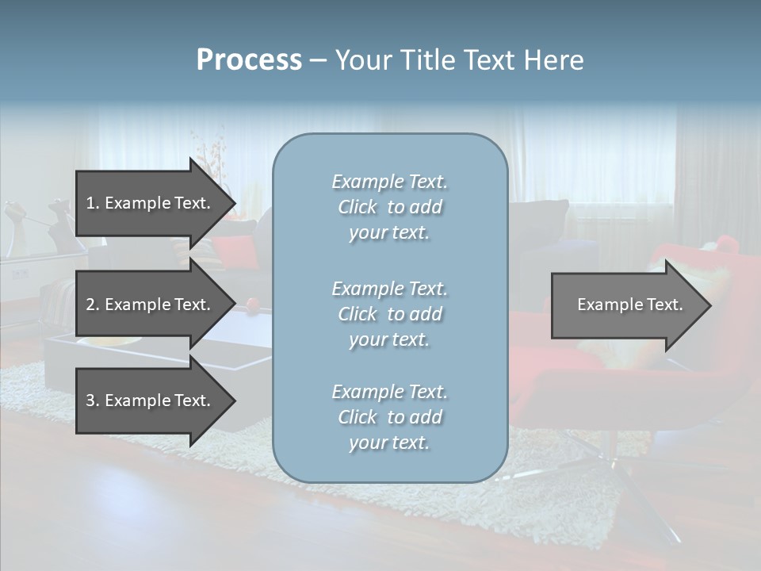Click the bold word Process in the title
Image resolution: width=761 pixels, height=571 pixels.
click(x=249, y=60)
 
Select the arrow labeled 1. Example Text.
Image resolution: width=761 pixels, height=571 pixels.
click(x=151, y=203)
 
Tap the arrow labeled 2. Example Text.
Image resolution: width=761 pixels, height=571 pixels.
click(x=151, y=305)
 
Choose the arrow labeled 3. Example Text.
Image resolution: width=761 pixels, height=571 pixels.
click(x=151, y=400)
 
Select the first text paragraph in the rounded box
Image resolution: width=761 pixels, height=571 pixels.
click(x=389, y=207)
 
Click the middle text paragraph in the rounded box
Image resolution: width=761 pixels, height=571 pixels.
click(x=389, y=314)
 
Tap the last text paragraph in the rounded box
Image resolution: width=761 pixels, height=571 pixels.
click(x=389, y=417)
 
